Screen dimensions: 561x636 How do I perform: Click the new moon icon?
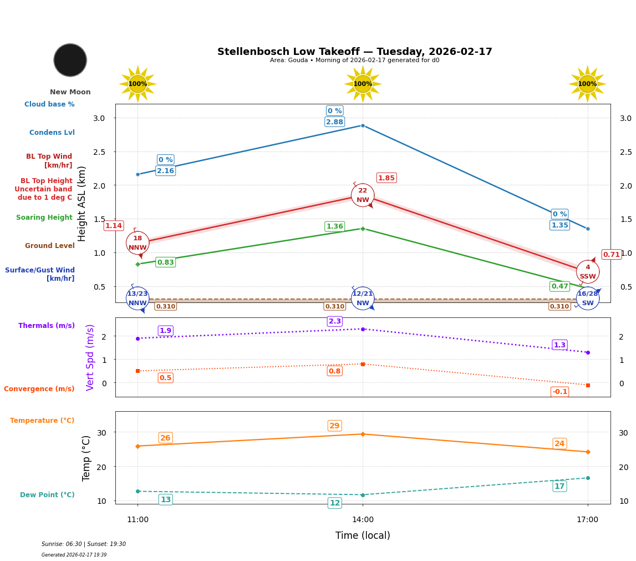tap(70, 60)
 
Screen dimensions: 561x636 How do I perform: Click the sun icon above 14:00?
tap(363, 84)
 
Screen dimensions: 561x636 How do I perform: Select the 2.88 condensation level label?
tap(334, 122)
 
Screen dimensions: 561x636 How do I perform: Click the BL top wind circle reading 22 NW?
tap(363, 195)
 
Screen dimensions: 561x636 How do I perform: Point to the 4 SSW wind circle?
tap(588, 272)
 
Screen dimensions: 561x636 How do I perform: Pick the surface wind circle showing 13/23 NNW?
tap(138, 299)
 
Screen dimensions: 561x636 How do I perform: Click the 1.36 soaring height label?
tap(334, 226)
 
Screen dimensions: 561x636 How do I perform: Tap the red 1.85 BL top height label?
tap(386, 178)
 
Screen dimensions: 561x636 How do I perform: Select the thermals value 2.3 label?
tap(335, 321)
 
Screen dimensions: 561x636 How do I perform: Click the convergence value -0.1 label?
tap(560, 392)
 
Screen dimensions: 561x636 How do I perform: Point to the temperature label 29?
tap(334, 426)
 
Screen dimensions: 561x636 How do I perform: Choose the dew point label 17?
tap(559, 487)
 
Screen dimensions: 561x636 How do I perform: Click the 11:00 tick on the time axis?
tap(138, 520)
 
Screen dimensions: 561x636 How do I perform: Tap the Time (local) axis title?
tap(363, 535)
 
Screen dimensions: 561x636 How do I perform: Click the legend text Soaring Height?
tap(44, 218)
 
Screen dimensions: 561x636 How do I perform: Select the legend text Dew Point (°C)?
tap(47, 495)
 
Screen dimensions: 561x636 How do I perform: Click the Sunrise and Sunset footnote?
tap(84, 544)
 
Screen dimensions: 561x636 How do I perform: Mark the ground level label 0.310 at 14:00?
tap(334, 306)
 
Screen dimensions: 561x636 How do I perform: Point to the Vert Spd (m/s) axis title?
tap(90, 357)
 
